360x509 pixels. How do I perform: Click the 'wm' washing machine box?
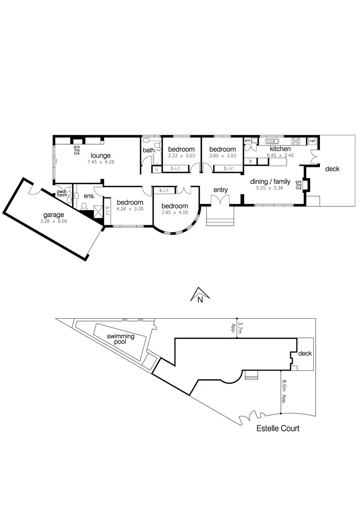click(247, 140)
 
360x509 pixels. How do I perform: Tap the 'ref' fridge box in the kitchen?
click(312, 141)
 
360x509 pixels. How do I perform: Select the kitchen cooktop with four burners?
click(296, 140)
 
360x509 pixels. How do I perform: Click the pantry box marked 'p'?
click(250, 161)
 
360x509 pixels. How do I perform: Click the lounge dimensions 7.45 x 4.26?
click(101, 162)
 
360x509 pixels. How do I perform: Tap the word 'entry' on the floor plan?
click(221, 190)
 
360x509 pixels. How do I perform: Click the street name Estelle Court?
click(278, 428)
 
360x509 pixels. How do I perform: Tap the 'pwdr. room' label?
click(62, 194)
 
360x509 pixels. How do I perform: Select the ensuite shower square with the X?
click(98, 212)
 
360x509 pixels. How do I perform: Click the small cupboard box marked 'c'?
click(156, 168)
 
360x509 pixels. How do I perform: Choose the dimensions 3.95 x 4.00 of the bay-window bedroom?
click(174, 213)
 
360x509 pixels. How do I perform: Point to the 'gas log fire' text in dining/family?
click(298, 185)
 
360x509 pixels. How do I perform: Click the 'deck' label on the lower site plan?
click(305, 353)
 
